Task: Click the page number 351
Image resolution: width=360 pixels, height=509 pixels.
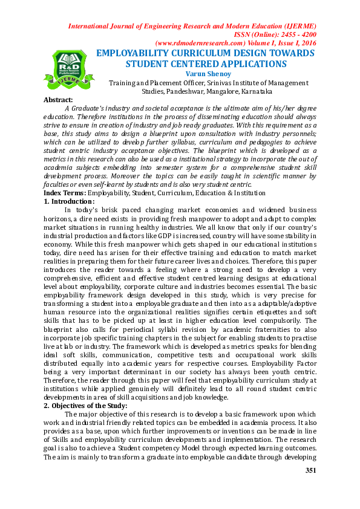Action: point(311,470)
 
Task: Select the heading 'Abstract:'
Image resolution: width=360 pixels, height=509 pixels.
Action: point(59,100)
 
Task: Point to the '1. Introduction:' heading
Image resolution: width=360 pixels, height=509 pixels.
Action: point(70,201)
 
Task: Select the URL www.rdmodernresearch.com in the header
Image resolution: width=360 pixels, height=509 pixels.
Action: point(195,44)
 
